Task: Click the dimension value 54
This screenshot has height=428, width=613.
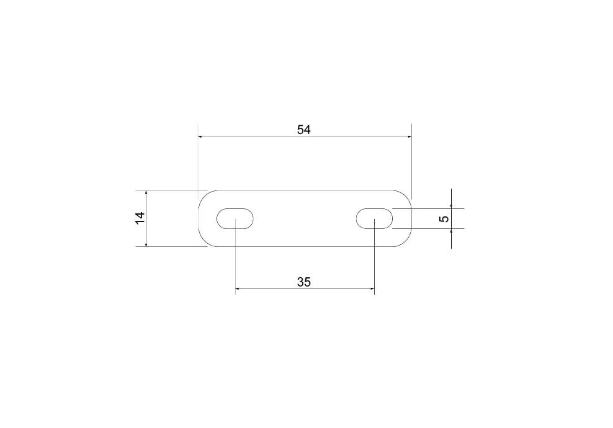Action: click(x=304, y=130)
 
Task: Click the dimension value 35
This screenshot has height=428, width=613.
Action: click(x=304, y=282)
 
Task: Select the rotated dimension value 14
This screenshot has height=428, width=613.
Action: click(x=140, y=218)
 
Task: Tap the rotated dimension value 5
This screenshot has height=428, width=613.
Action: click(x=444, y=218)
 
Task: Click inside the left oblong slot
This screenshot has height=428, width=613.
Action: click(x=235, y=218)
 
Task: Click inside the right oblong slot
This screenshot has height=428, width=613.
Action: click(x=374, y=218)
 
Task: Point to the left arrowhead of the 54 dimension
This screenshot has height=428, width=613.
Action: click(x=200, y=137)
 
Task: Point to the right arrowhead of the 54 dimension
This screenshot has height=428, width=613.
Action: click(x=409, y=137)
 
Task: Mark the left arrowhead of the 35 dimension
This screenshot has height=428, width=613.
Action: click(x=238, y=289)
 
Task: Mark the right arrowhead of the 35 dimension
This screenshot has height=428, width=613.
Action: click(x=372, y=289)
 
